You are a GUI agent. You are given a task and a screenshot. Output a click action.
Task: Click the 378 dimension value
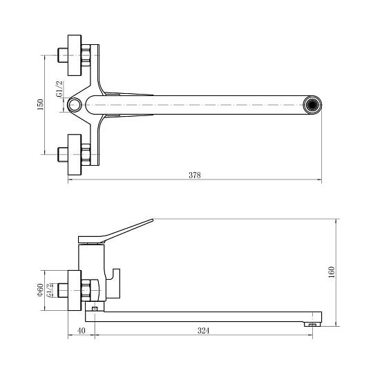pyautogui.click(x=195, y=175)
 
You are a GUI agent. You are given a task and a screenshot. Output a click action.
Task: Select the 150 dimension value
pyautogui.click(x=40, y=104)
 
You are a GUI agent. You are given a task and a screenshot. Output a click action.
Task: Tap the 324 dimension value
pyautogui.click(x=203, y=331)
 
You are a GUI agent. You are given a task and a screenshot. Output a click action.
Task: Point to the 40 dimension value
pyautogui.click(x=82, y=331)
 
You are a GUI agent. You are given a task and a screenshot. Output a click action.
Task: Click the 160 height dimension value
pyautogui.click(x=331, y=272)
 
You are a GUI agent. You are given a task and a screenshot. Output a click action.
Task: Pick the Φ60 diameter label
pyautogui.click(x=40, y=289)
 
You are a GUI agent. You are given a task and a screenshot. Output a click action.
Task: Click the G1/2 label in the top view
pyautogui.click(x=59, y=89)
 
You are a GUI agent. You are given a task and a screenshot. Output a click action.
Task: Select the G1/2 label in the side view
pyautogui.click(x=49, y=290)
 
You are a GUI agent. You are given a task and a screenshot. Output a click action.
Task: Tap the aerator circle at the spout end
pyautogui.click(x=312, y=105)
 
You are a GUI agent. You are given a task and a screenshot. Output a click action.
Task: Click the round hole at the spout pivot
pyautogui.click(x=74, y=105)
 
